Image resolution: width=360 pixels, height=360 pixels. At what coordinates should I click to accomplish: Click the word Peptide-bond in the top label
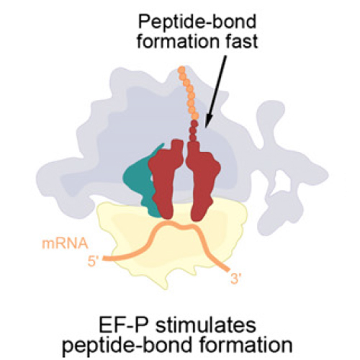pyautogui.click(x=197, y=23)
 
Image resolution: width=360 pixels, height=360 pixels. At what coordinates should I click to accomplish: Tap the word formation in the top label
pyautogui.click(x=178, y=41)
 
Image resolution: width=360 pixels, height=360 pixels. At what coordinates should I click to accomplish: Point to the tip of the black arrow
pyautogui.click(x=206, y=126)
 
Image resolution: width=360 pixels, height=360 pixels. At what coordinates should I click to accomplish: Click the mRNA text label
pyautogui.click(x=65, y=244)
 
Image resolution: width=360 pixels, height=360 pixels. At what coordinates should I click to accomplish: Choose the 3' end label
pyautogui.click(x=235, y=279)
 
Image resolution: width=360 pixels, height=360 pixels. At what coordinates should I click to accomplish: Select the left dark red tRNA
pyautogui.click(x=167, y=178)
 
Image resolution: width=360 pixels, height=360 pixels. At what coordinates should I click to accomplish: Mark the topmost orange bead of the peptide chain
pyautogui.click(x=181, y=70)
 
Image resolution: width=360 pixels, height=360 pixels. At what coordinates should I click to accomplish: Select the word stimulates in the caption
pyautogui.click(x=206, y=325)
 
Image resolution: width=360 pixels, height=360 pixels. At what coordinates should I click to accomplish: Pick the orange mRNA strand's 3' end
pyautogui.click(x=228, y=270)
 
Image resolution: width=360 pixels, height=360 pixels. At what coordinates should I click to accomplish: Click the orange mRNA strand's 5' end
pyautogui.click(x=104, y=258)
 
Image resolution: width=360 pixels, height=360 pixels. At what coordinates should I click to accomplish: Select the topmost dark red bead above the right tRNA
pyautogui.click(x=194, y=124)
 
